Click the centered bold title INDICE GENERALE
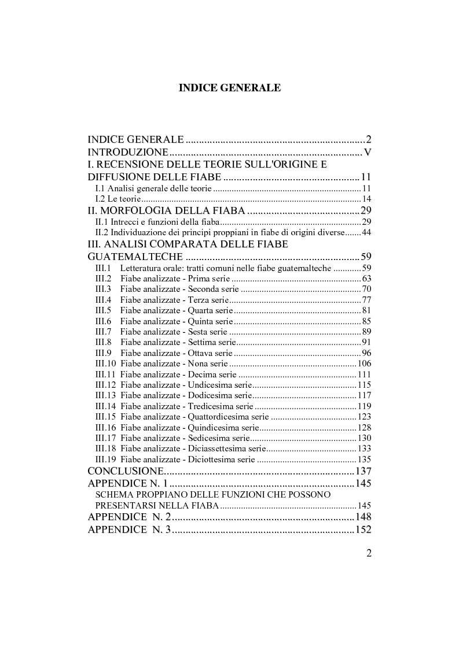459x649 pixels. click(229, 88)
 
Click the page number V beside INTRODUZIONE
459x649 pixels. click(367, 153)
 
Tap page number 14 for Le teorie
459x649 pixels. click(366, 199)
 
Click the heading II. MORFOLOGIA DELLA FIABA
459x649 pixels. click(161, 210)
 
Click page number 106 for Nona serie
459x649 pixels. click(364, 364)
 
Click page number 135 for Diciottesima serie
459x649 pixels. click(364, 459)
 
